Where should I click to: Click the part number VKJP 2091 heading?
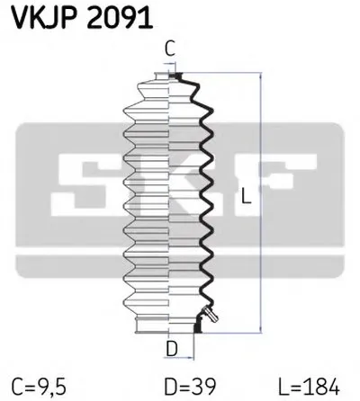point(82,18)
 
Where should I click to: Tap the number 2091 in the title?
point(120,18)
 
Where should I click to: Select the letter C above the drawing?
point(170,49)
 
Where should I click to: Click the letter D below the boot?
point(172,349)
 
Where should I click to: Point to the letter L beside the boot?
point(246,196)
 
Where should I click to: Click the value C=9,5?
point(39,387)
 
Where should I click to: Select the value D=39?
point(190,387)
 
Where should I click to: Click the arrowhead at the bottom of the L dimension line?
point(261,328)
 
